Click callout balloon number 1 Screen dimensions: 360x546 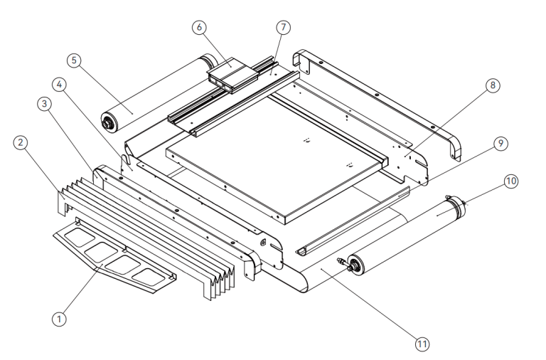tap(60, 319)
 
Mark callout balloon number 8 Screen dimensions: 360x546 tap(491, 85)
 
